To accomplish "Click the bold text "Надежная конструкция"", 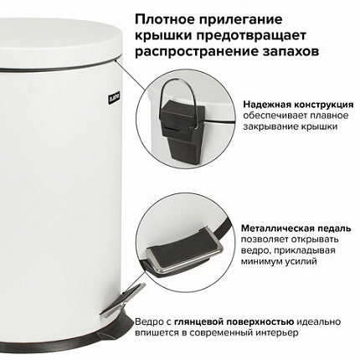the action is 298,105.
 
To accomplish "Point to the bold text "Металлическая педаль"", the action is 296,229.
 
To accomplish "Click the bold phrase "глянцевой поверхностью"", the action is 234,322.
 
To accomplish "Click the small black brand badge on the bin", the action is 114,99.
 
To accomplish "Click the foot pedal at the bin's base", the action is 123,300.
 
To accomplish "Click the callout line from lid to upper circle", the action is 131,75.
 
